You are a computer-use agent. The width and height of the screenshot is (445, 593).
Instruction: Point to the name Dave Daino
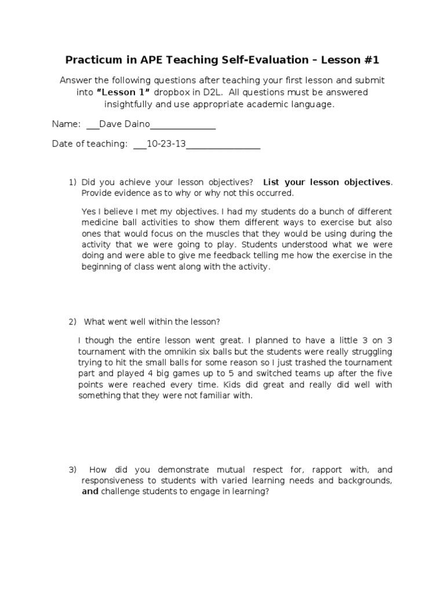click(x=125, y=124)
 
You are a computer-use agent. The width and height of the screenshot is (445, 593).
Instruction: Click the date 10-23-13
click(x=166, y=144)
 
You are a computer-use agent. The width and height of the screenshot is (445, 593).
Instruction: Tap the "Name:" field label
click(x=65, y=124)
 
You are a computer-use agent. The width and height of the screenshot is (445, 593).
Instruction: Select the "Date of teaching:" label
click(x=89, y=144)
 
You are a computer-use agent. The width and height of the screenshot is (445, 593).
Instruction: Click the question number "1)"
click(x=73, y=182)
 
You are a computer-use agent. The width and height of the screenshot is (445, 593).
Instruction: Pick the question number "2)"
click(x=73, y=321)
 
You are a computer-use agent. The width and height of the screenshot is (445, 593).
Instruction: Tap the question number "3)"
click(x=73, y=470)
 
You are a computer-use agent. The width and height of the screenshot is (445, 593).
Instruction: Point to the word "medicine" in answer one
click(x=100, y=222)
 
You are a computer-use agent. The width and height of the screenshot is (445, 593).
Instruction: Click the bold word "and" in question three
click(x=90, y=492)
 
